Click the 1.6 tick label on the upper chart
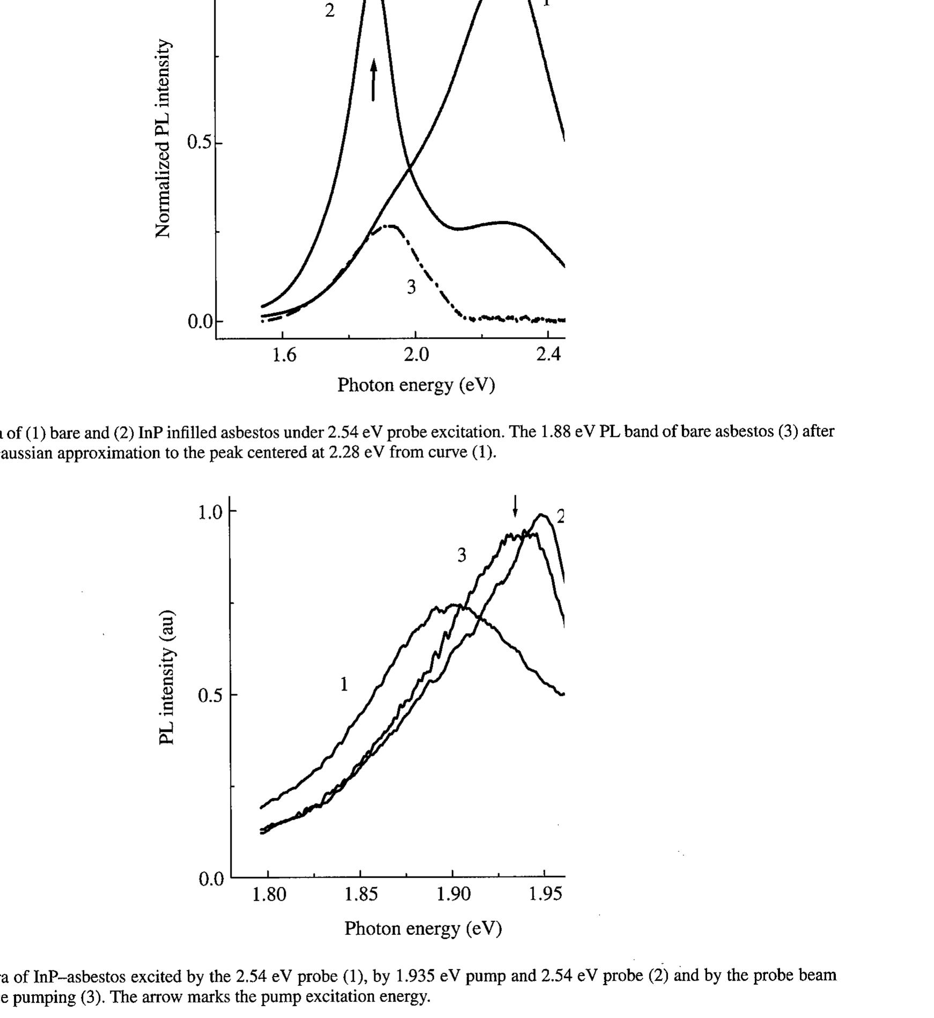pyautogui.click(x=284, y=355)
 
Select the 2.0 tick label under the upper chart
pyautogui.click(x=416, y=355)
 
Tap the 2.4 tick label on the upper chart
pyautogui.click(x=548, y=355)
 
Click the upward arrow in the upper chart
pyautogui.click(x=374, y=80)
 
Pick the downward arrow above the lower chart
pyautogui.click(x=515, y=506)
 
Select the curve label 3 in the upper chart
pyautogui.click(x=411, y=288)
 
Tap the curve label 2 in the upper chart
pyautogui.click(x=330, y=11)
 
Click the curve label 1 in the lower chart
pyautogui.click(x=344, y=685)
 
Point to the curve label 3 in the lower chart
pyautogui.click(x=462, y=556)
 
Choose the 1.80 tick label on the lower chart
pyautogui.click(x=269, y=895)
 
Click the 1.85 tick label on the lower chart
pyautogui.click(x=360, y=895)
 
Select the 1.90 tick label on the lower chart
pyautogui.click(x=453, y=895)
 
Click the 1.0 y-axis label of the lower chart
pyautogui.click(x=210, y=512)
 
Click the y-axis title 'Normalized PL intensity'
pyautogui.click(x=163, y=138)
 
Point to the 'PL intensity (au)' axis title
pyautogui.click(x=167, y=678)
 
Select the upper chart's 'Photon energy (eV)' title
pyautogui.click(x=416, y=385)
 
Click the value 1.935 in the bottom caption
pyautogui.click(x=414, y=975)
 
